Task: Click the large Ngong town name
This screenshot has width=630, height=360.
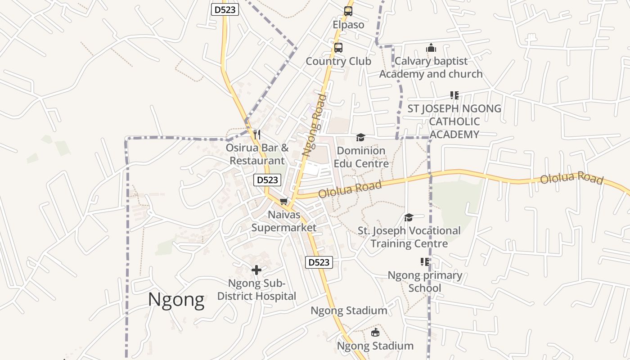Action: tap(176, 300)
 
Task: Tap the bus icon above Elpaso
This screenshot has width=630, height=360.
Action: tap(348, 11)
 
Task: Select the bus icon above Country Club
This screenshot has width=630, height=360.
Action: tap(338, 47)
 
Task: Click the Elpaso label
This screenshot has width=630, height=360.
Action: tap(348, 25)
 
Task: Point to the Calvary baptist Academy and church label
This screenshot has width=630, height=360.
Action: tap(431, 67)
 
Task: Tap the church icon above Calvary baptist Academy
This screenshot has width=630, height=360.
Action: tap(431, 48)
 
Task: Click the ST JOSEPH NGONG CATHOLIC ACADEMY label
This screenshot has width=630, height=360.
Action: tap(454, 121)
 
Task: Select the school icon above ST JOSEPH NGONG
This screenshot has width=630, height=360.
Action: tap(454, 95)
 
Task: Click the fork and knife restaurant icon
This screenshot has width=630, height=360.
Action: tap(257, 134)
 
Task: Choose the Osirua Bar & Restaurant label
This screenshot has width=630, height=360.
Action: tap(257, 154)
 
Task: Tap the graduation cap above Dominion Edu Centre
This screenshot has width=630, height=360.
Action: tap(360, 137)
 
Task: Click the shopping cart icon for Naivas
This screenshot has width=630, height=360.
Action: tap(283, 201)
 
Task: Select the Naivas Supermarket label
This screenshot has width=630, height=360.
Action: tap(284, 221)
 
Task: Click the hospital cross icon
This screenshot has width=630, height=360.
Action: tap(256, 270)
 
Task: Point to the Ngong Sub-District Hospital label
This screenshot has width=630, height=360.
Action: tap(256, 290)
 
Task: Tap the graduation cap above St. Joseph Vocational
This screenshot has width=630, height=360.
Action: tap(409, 218)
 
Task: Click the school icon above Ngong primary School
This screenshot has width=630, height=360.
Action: tap(425, 261)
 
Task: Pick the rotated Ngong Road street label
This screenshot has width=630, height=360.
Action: tap(314, 125)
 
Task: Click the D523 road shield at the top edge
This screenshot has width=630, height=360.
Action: tap(225, 9)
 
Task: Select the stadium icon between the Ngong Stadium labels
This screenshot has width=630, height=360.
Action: tap(375, 333)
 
